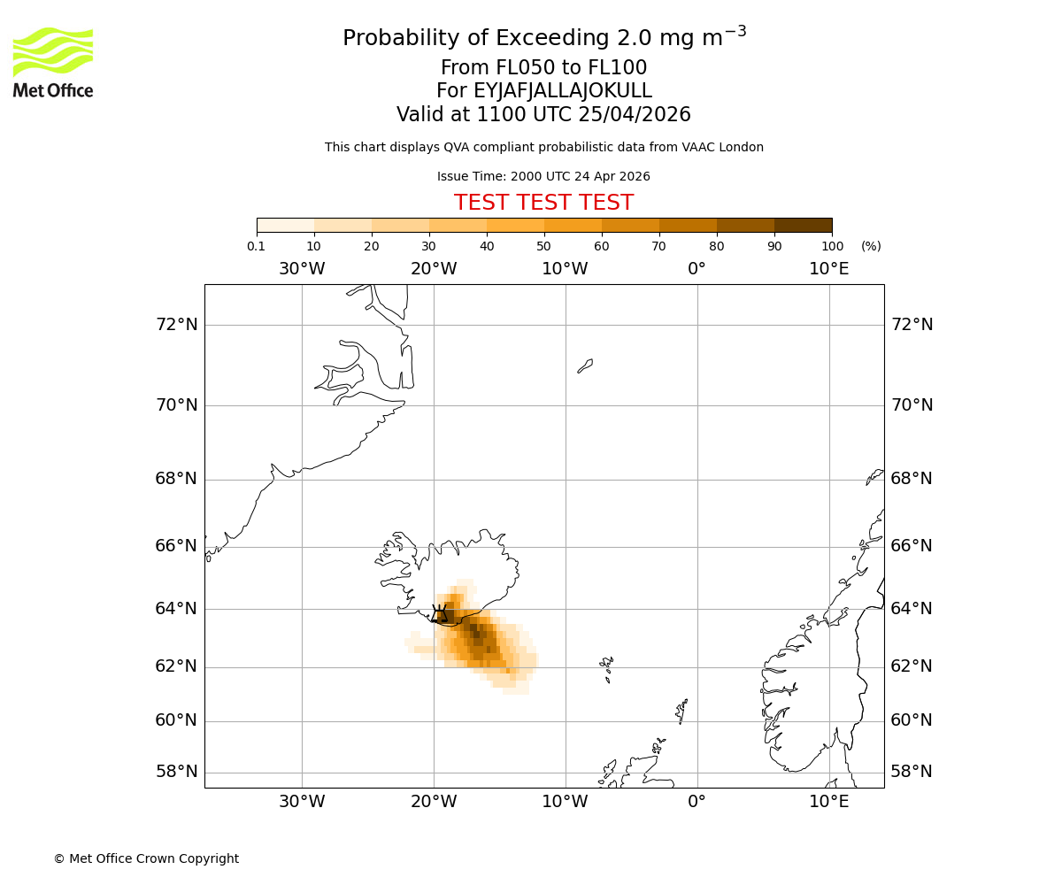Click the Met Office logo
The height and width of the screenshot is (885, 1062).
[x=53, y=62]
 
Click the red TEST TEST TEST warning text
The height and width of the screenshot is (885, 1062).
[x=543, y=203]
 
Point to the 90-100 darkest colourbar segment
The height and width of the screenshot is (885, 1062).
[x=803, y=226]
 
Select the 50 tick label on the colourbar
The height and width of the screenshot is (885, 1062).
[x=543, y=247]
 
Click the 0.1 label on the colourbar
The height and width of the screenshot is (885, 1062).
[x=256, y=247]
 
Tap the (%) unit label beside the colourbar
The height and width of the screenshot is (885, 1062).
[x=871, y=247]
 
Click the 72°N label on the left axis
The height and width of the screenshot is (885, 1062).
[x=177, y=325]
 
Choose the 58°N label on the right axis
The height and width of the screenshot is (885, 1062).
[x=912, y=772]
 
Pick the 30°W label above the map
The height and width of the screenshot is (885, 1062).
[x=302, y=269]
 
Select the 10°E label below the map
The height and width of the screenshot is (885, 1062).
[x=829, y=802]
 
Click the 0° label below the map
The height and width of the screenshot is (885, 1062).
[x=697, y=802]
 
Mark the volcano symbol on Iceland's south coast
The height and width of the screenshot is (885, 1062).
[x=439, y=613]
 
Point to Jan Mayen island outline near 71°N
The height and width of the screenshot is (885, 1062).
[x=585, y=366]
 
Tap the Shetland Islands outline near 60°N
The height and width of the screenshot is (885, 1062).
[x=681, y=710]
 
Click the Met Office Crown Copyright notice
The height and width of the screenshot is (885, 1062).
[x=146, y=858]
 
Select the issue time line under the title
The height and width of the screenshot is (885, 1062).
[x=543, y=176]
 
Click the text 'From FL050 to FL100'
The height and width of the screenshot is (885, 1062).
[x=543, y=68]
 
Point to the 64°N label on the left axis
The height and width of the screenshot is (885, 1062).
[x=177, y=609]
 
